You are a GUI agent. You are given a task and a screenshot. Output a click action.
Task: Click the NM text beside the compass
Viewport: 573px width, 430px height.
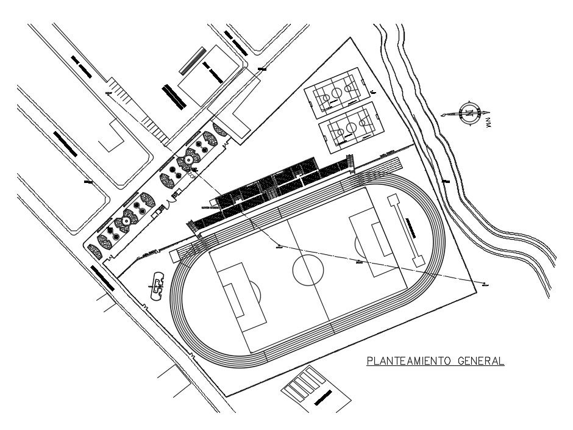point(488,124)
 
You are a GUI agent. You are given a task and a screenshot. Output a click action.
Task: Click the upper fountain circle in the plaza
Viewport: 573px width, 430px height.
point(189,159)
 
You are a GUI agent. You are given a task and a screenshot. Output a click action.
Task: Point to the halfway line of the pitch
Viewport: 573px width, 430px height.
point(310,270)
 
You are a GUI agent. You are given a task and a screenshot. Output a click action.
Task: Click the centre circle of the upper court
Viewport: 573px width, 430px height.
point(335,93)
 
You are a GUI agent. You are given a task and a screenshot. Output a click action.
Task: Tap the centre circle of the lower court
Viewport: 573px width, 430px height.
point(351,128)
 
